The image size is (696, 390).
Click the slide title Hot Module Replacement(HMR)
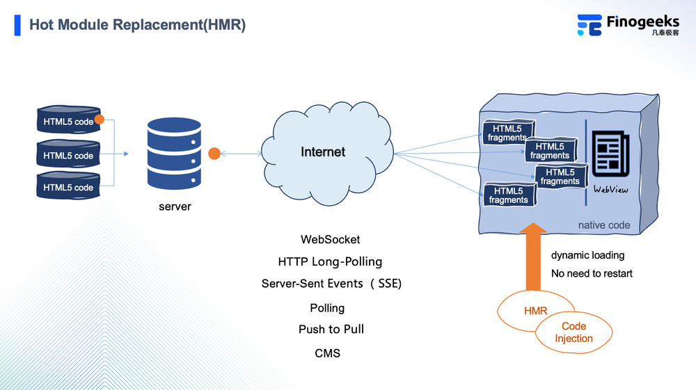click(x=137, y=25)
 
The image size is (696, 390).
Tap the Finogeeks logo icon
click(x=589, y=25)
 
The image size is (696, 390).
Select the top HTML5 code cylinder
click(x=68, y=121)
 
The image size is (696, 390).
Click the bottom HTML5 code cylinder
click(x=68, y=187)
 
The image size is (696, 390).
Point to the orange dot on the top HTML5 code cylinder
click(x=99, y=120)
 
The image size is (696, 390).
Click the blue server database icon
click(x=174, y=152)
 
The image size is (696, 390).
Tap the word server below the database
click(x=175, y=206)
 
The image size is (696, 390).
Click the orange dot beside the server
click(x=214, y=153)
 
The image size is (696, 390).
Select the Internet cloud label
click(x=323, y=152)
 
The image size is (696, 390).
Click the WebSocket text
click(x=330, y=239)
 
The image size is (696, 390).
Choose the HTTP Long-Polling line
click(x=330, y=261)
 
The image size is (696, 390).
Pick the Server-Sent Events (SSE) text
click(x=331, y=284)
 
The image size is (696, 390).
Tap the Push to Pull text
click(x=331, y=329)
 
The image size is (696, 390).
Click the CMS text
click(x=327, y=353)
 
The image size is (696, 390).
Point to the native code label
click(x=604, y=225)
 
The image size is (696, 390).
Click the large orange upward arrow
click(x=533, y=257)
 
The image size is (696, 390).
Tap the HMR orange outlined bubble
click(x=534, y=310)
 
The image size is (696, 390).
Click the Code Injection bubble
click(x=574, y=332)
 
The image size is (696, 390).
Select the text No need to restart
click(x=592, y=273)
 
